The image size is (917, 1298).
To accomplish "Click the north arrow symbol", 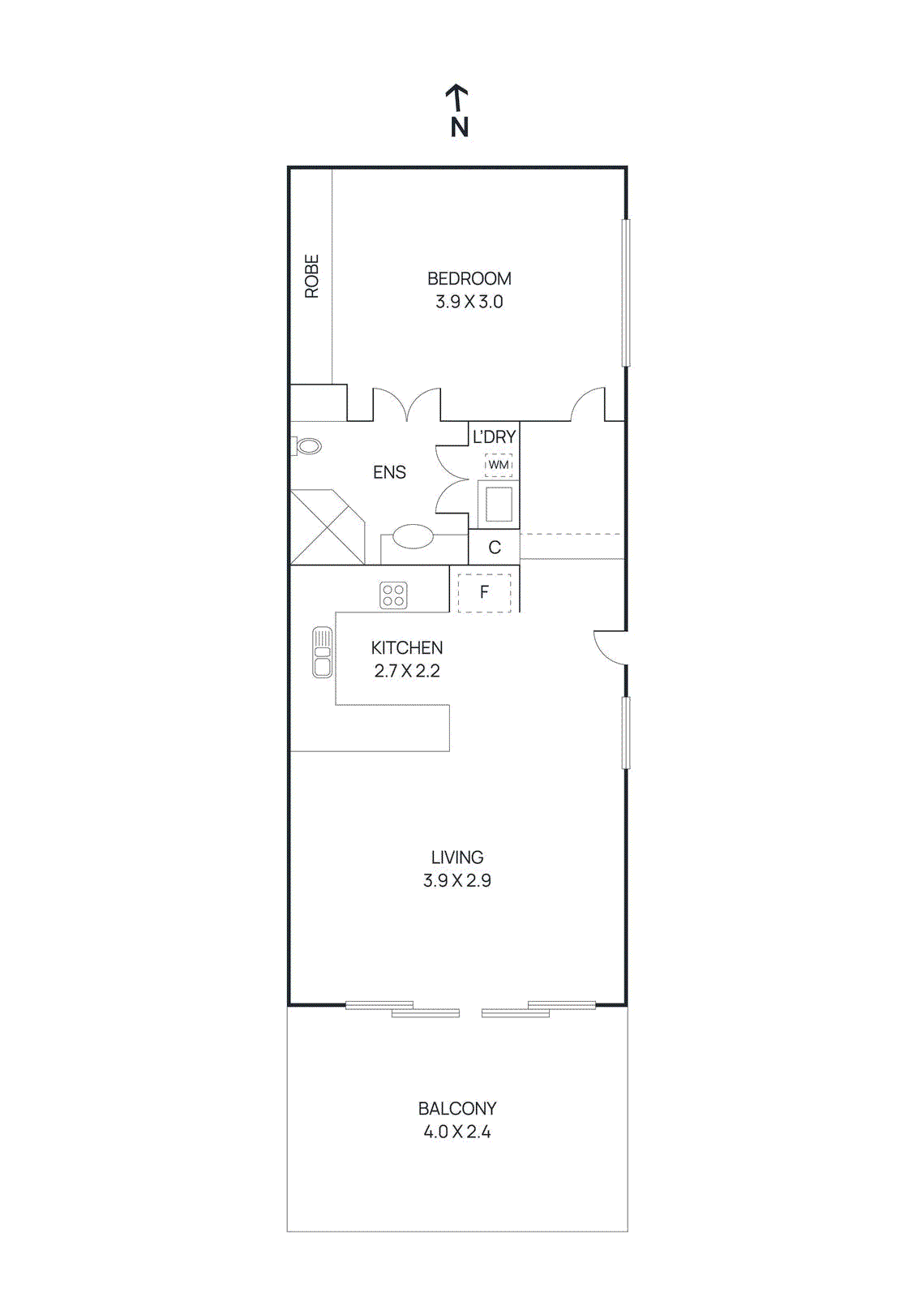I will [458, 98].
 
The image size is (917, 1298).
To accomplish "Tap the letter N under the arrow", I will [460, 127].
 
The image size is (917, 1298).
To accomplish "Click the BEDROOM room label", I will [469, 278].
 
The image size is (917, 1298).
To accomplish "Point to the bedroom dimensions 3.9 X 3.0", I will [469, 302].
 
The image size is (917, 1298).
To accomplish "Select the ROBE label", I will [311, 276].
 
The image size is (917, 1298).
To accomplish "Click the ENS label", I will [389, 472].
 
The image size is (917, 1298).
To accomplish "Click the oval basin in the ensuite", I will [413, 536].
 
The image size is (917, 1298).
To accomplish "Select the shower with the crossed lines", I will [326, 527].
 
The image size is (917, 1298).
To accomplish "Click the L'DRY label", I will [494, 436].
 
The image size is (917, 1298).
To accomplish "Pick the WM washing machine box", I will [499, 465].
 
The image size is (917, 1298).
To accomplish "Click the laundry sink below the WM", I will [499, 504].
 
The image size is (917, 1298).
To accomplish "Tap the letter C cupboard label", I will [495, 548].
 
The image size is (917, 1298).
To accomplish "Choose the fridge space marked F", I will [484, 592].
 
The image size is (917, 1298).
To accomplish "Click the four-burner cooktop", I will [393, 595].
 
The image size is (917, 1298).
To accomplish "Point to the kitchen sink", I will [322, 652].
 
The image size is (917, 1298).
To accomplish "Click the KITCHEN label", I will [407, 647].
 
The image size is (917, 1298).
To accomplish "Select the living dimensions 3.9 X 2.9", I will [456, 880].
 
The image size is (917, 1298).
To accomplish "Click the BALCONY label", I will [456, 1108].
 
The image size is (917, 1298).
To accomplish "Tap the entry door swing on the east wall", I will [610, 647].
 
